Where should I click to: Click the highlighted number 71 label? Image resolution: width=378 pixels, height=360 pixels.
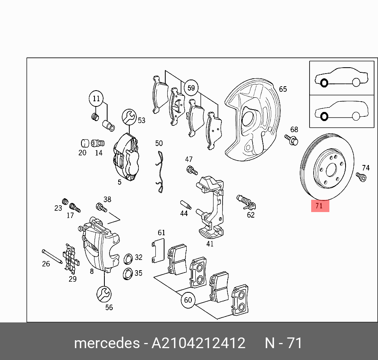click(319, 206)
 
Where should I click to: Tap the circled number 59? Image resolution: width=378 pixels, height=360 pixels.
click(191, 88)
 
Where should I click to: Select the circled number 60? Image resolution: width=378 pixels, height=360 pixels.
click(188, 300)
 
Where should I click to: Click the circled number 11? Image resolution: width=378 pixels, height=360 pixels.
click(96, 99)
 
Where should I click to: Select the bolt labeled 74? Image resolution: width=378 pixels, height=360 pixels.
click(361, 177)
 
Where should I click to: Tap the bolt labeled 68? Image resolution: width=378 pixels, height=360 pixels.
click(291, 140)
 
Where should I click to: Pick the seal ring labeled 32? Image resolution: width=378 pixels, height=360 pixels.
click(128, 260)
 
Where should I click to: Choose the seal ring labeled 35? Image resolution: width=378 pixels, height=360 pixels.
click(128, 273)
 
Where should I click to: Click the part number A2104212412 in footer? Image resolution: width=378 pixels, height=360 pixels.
click(198, 343)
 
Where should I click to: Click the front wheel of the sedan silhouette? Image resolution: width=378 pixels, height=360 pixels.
click(324, 83)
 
